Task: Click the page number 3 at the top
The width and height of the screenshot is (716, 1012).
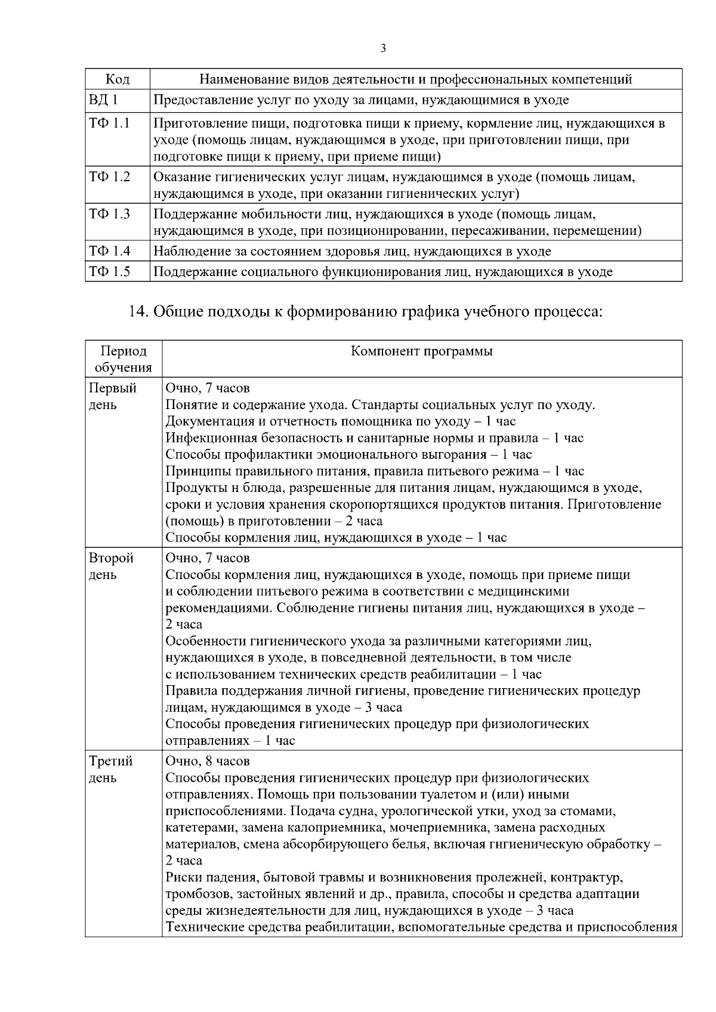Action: tap(383, 48)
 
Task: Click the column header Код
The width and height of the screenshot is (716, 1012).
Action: tap(117, 79)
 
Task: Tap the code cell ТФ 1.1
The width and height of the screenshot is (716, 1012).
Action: tap(109, 123)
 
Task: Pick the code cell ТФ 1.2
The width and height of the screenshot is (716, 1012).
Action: tap(109, 177)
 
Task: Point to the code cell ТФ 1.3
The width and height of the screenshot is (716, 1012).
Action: tap(109, 213)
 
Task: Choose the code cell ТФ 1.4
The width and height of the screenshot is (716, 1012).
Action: tap(109, 251)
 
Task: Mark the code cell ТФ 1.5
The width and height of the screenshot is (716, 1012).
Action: tap(109, 272)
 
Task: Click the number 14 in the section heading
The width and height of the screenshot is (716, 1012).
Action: tap(139, 311)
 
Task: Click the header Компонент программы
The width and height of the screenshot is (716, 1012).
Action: tap(422, 351)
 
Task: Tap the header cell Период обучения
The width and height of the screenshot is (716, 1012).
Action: tap(123, 359)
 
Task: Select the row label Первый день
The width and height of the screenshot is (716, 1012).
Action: tap(113, 397)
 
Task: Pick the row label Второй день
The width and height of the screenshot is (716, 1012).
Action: tap(112, 567)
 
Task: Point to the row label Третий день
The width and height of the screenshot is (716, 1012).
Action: tap(111, 770)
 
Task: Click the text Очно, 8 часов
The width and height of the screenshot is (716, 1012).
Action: tap(207, 762)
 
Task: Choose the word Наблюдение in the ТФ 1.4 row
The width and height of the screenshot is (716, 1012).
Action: tap(192, 251)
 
